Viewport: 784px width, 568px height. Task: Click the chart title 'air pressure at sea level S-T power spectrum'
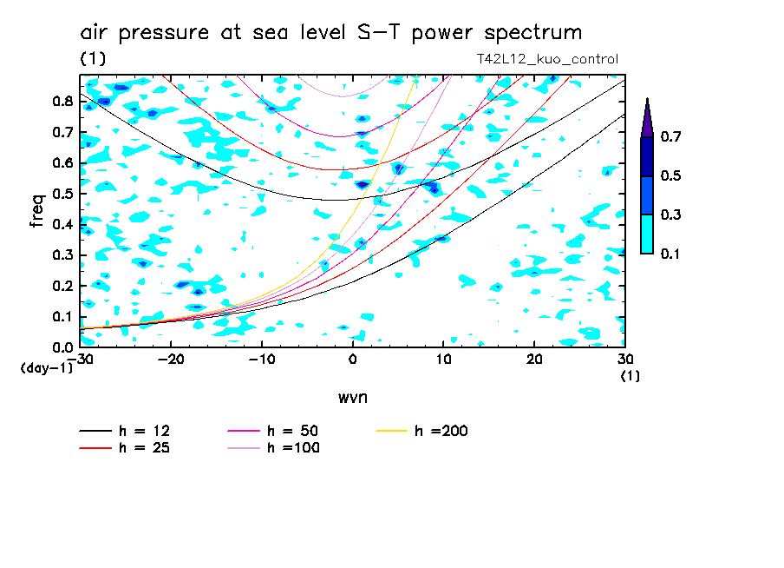pos(330,33)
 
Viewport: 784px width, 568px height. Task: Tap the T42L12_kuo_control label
pos(547,60)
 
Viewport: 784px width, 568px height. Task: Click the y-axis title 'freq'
pos(37,211)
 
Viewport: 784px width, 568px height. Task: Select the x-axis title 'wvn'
pos(352,397)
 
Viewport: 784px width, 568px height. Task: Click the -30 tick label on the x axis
pos(84,359)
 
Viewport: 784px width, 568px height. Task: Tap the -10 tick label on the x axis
pos(262,359)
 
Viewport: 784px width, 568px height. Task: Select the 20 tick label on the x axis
pos(534,359)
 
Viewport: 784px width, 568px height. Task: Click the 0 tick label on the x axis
pos(353,359)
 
